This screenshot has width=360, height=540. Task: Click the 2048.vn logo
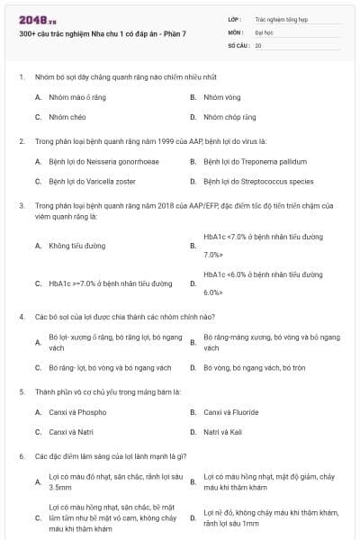(x=33, y=19)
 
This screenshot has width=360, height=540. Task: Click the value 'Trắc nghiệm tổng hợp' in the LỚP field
(x=278, y=18)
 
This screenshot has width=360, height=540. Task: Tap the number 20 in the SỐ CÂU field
(x=258, y=44)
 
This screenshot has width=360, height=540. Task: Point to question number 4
(x=22, y=316)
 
